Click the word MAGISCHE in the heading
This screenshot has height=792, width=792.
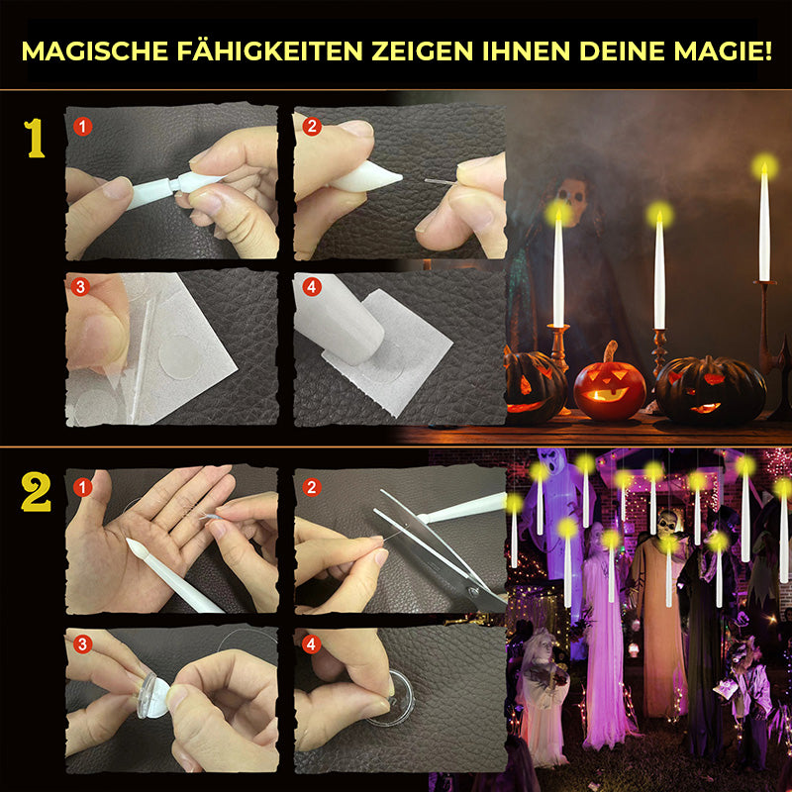pos(95,51)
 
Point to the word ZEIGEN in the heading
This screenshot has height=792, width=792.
pos(423,51)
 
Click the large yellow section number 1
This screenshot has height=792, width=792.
pos(35,139)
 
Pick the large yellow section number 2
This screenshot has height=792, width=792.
pos(36,492)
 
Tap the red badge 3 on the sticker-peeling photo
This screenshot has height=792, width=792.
pos(80,287)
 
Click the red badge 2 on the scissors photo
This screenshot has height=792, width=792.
pos(312,487)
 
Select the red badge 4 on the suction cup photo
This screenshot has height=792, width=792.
pos(311,644)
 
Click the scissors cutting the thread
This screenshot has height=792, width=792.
pos(440,553)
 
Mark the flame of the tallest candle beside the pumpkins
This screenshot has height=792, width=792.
pos(764,167)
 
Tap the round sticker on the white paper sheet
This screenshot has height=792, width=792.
pos(180,356)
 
